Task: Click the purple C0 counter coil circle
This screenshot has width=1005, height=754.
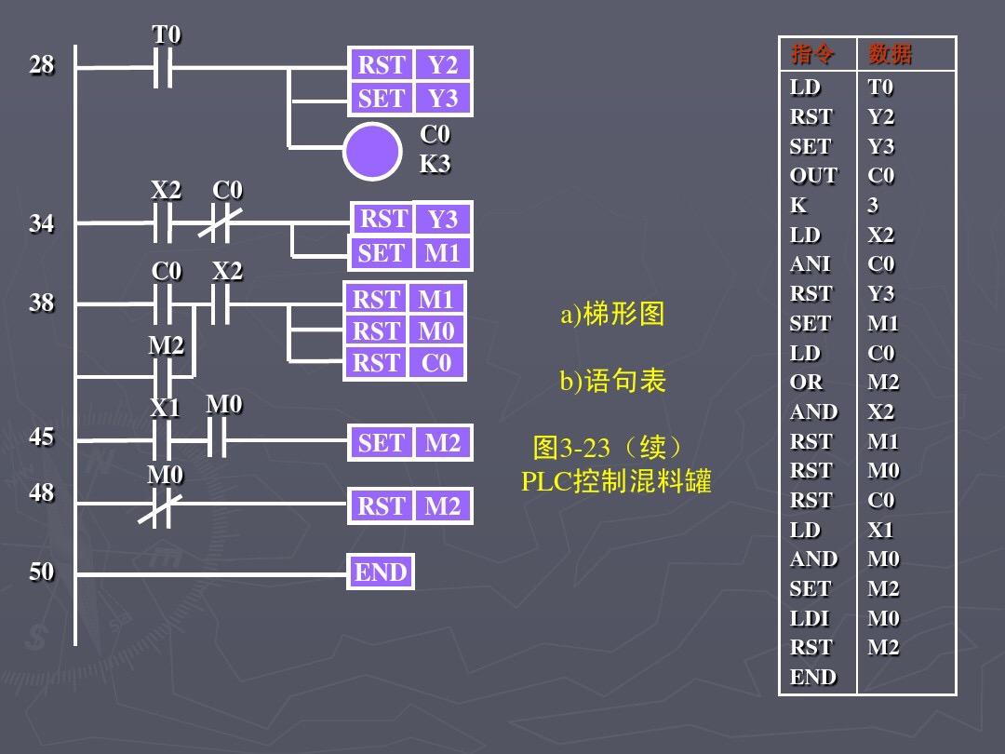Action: pyautogui.click(x=371, y=151)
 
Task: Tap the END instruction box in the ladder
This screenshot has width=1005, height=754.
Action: pyautogui.click(x=381, y=572)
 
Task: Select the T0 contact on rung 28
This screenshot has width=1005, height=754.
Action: pyautogui.click(x=163, y=68)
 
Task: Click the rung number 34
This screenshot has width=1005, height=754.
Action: pyautogui.click(x=41, y=223)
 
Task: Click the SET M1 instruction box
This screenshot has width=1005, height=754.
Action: pyautogui.click(x=409, y=253)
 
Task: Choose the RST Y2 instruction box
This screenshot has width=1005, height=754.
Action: pyautogui.click(x=409, y=65)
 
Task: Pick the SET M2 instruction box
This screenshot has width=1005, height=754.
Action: pyautogui.click(x=409, y=443)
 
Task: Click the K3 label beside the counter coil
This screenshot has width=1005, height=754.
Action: pyautogui.click(x=435, y=165)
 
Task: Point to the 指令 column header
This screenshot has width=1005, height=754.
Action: pyautogui.click(x=812, y=54)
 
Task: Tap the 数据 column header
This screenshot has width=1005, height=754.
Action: pyautogui.click(x=890, y=54)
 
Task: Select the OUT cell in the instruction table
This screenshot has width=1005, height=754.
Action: pyautogui.click(x=813, y=176)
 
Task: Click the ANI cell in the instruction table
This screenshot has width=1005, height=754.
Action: pyautogui.click(x=811, y=264)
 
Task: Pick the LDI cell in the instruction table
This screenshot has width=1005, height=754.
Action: pyautogui.click(x=810, y=618)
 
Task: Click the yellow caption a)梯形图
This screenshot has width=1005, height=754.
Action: pyautogui.click(x=612, y=315)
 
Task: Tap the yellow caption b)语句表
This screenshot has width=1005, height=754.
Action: pyautogui.click(x=612, y=381)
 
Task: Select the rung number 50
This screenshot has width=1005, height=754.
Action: pyautogui.click(x=41, y=572)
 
